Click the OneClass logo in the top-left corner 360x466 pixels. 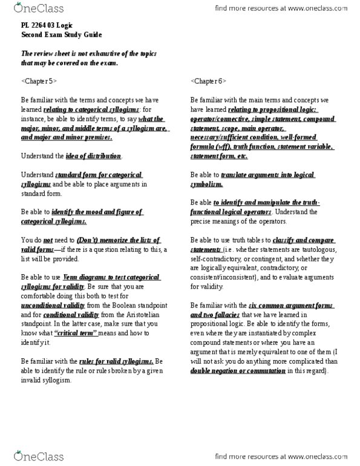pos(28,9)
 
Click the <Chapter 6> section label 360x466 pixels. pos(207,80)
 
